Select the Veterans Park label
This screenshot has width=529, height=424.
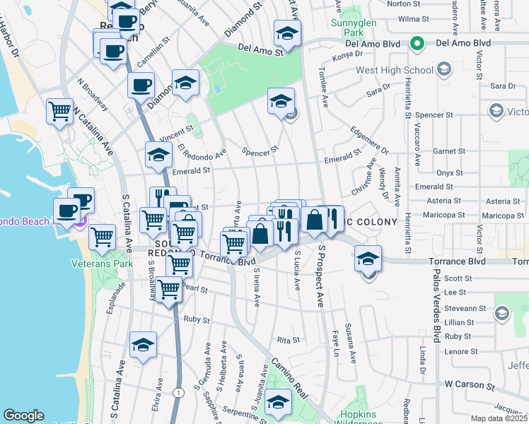point(103,264)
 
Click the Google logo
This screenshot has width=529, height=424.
point(23,416)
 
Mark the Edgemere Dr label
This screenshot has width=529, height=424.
point(370,140)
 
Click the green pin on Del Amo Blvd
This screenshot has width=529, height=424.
point(417,44)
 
